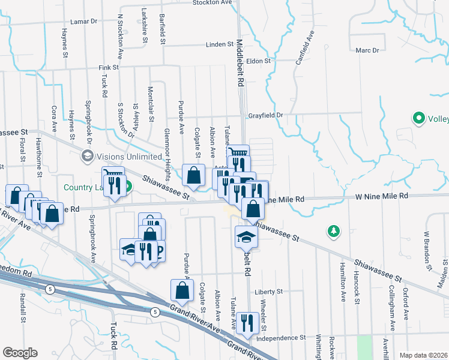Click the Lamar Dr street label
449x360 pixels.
click(x=83, y=21)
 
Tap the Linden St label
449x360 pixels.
click(x=219, y=44)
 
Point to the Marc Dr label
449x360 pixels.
click(x=367, y=50)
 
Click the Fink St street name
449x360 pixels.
click(x=109, y=68)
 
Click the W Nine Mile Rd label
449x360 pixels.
click(x=381, y=196)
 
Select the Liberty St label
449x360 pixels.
click(x=268, y=292)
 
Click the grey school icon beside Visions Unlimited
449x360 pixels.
click(x=88, y=156)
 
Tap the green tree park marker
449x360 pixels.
click(x=334, y=230)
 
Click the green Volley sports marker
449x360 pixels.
click(x=418, y=119)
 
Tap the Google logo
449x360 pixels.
click(x=20, y=353)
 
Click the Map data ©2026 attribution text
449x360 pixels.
click(x=423, y=355)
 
